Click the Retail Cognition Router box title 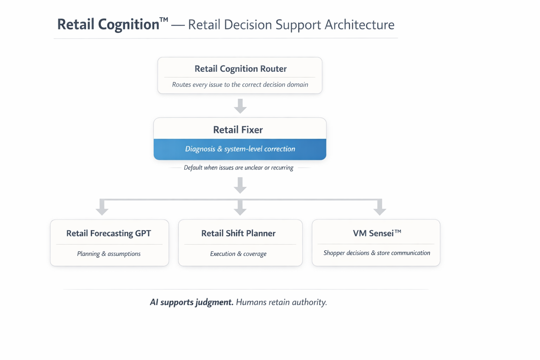(240, 69)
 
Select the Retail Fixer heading (238, 130)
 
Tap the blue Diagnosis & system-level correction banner (240, 149)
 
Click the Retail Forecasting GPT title (109, 233)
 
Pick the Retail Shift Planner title (238, 233)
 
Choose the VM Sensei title (377, 233)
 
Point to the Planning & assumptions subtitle (109, 253)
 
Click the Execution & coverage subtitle (238, 253)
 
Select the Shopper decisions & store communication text (377, 253)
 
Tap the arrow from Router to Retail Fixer (240, 106)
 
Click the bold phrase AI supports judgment (192, 302)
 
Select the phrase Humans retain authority (281, 302)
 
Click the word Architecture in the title (359, 25)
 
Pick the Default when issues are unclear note (238, 168)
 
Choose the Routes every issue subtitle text (240, 84)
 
